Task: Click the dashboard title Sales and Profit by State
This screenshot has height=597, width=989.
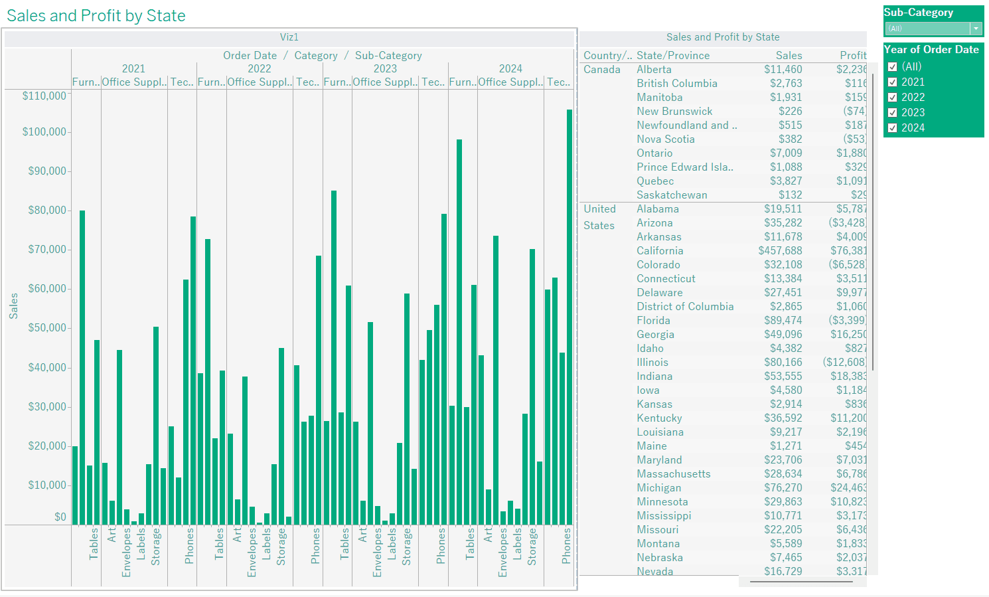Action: coord(96,16)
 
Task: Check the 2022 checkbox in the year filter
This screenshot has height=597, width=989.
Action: coord(893,98)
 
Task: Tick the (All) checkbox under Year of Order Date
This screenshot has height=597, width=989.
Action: coord(893,67)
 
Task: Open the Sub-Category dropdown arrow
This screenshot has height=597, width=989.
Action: coord(976,29)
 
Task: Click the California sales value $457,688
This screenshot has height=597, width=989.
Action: coord(780,251)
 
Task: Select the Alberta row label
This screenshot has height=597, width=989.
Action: coord(654,70)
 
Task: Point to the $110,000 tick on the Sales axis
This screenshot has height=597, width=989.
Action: coord(44,96)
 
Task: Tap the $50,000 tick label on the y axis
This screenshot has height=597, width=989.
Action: coord(47,328)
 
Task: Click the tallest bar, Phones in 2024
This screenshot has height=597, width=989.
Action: coord(570,316)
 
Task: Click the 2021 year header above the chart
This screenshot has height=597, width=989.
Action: coord(133,69)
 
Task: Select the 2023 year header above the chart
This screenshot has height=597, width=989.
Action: coord(385,69)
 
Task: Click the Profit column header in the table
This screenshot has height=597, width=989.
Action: coord(853,56)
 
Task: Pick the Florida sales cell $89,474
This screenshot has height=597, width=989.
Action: coord(783,321)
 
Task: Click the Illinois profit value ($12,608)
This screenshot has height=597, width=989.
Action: coord(844,363)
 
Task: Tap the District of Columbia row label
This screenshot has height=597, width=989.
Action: coord(685,307)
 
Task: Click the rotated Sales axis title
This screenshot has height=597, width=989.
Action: coord(13,306)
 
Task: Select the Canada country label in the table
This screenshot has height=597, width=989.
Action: coord(602,70)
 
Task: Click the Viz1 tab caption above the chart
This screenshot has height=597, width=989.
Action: coord(289,38)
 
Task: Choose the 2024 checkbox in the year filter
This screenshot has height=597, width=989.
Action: coord(893,128)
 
